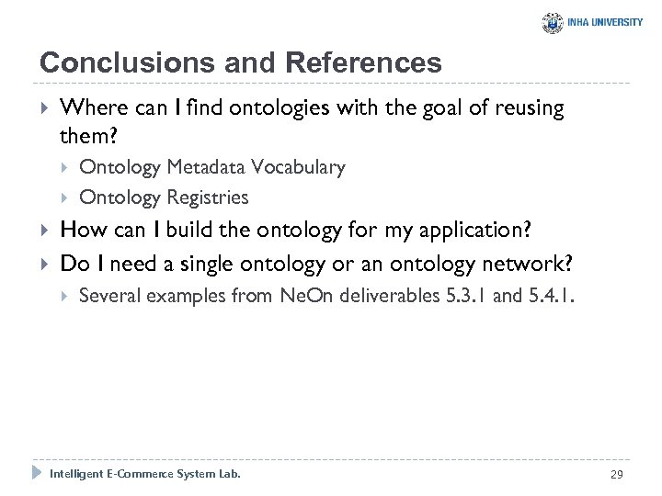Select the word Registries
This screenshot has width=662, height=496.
pyautogui.click(x=208, y=197)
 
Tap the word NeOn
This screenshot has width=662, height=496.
pyautogui.click(x=303, y=296)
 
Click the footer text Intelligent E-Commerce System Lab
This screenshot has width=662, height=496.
pyautogui.click(x=145, y=474)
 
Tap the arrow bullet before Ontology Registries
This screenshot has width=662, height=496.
pyautogui.click(x=64, y=197)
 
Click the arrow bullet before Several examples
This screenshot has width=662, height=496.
pyautogui.click(x=64, y=296)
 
